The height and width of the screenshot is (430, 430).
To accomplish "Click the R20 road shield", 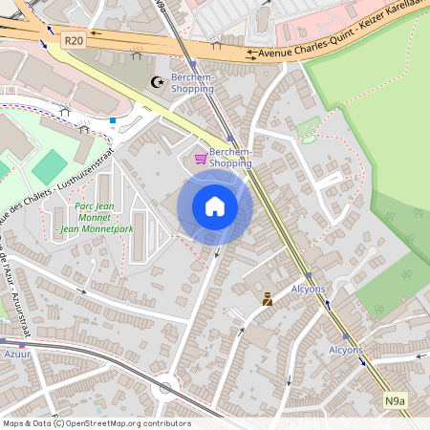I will pos(74,40).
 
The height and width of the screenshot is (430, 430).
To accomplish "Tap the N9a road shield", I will pos(396,401).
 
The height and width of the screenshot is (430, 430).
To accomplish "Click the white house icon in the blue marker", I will pos(215,206).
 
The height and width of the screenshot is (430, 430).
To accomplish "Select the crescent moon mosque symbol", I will pos(159,83).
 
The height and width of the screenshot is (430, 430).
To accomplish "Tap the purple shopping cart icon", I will pos(201,159).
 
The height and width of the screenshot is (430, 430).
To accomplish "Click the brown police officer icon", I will pos(268,299).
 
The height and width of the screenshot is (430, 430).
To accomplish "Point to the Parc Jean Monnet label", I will pos(93,218).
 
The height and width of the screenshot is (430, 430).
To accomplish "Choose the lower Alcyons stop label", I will pos(346,350).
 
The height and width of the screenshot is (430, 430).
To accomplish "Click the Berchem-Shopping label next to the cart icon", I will pos(230,158).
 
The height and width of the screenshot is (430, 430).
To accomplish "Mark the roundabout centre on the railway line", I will pos(165,388).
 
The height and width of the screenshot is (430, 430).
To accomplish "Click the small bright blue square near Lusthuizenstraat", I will pos(113,120).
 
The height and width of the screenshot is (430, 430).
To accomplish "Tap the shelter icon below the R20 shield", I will pos(65,110).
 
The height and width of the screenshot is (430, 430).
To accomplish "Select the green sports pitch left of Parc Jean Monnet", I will pos(50,167).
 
